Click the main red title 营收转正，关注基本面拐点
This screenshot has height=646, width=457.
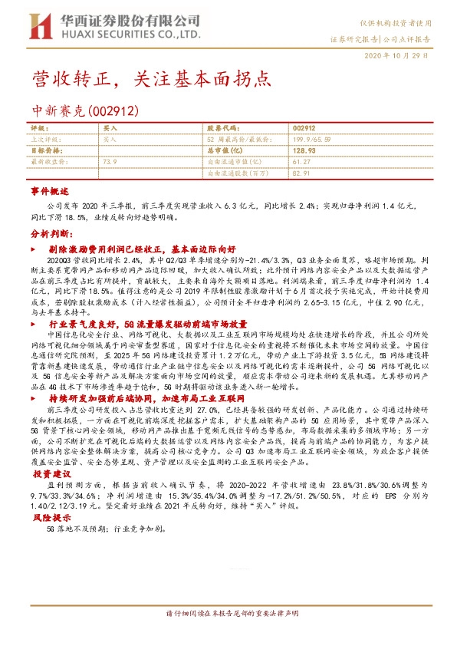click(150, 79)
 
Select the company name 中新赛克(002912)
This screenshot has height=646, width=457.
click(84, 111)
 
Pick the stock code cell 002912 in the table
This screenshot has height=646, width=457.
click(304, 127)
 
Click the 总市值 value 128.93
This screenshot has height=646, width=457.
click(304, 151)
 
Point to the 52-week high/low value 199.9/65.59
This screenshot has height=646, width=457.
click(311, 140)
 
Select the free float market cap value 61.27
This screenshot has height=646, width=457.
click(300, 163)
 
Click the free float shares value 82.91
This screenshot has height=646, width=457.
click(300, 174)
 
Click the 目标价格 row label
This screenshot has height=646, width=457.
click(44, 151)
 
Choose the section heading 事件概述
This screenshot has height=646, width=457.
click(50, 190)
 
